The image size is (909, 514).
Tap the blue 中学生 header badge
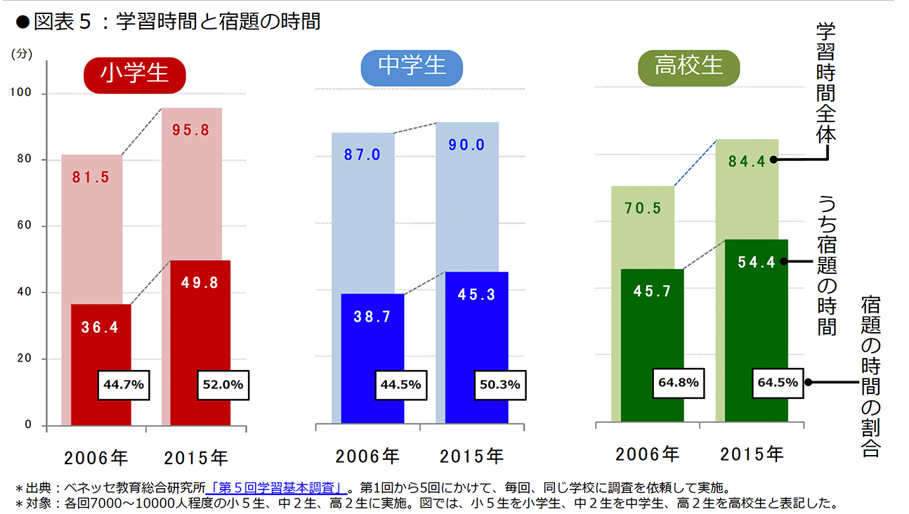pos(412,67)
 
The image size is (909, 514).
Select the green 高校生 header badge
pos(688,67)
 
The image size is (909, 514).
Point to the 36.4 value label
pos(100,327)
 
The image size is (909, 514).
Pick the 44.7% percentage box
pos(124,385)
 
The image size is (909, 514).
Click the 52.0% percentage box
pos(222,385)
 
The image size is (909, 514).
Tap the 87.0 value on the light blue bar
pos(362,154)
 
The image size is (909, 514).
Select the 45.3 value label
pos(477,294)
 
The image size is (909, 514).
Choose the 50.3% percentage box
pos(499,385)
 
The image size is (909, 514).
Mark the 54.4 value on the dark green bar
pos(757,262)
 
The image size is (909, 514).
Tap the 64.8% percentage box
pos(679,383)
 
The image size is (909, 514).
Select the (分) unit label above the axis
pos(22,53)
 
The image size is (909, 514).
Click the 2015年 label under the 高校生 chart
pos(751,454)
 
